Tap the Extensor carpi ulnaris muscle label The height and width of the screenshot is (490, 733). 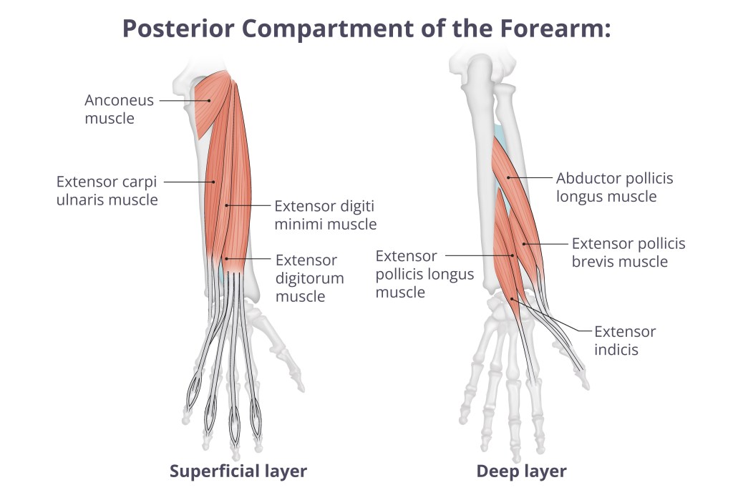pos(107,190)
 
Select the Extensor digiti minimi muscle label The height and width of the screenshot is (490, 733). pos(325,215)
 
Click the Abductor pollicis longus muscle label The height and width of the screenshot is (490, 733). pos(614,187)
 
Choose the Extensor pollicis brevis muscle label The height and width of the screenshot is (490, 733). pos(628,253)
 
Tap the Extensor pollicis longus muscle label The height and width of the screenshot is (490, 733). pos(424,274)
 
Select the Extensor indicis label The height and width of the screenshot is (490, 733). pos(625,340)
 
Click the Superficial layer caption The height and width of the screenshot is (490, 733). pos(238,471)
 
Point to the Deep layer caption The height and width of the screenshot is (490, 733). pos(521,471)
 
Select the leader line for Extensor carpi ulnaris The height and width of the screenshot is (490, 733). pos(190,182)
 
